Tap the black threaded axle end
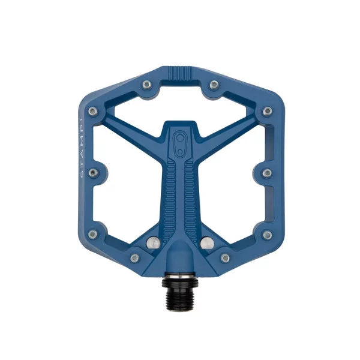(x=179, y=285)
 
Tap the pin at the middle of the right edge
(x=267, y=173)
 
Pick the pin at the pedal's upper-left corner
(x=92, y=112)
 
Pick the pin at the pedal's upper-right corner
(x=267, y=112)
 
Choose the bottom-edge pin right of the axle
(x=226, y=258)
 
